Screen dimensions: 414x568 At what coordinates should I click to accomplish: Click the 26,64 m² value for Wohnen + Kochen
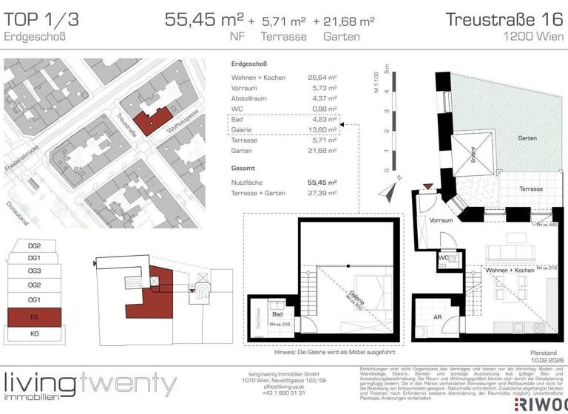pos(322,77)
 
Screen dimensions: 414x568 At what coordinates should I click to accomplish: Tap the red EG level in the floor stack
pos(35,319)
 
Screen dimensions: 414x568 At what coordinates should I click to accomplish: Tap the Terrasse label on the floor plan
pos(527,189)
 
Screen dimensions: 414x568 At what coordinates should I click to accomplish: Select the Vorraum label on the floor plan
pos(441,220)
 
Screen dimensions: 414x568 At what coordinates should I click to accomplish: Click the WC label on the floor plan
pos(443,259)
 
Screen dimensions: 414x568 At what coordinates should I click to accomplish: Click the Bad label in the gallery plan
pos(277,314)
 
